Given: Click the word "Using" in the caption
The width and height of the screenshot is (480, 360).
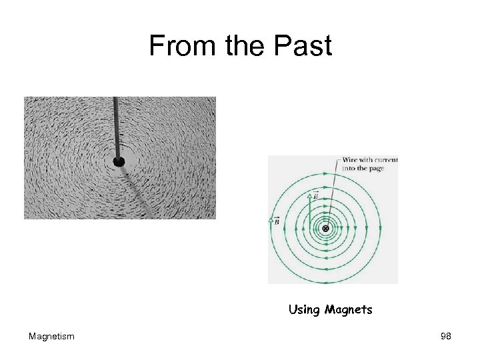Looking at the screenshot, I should point(304,310).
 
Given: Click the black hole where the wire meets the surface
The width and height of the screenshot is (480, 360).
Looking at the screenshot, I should point(119,161).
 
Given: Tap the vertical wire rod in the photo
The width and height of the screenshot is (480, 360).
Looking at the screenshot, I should point(117,127).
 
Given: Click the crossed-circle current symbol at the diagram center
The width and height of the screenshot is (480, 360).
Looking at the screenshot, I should point(326,229).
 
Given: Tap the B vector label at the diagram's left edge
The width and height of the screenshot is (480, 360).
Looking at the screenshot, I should point(275,221).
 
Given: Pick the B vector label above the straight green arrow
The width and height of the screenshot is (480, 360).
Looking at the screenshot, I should point(316,194).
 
